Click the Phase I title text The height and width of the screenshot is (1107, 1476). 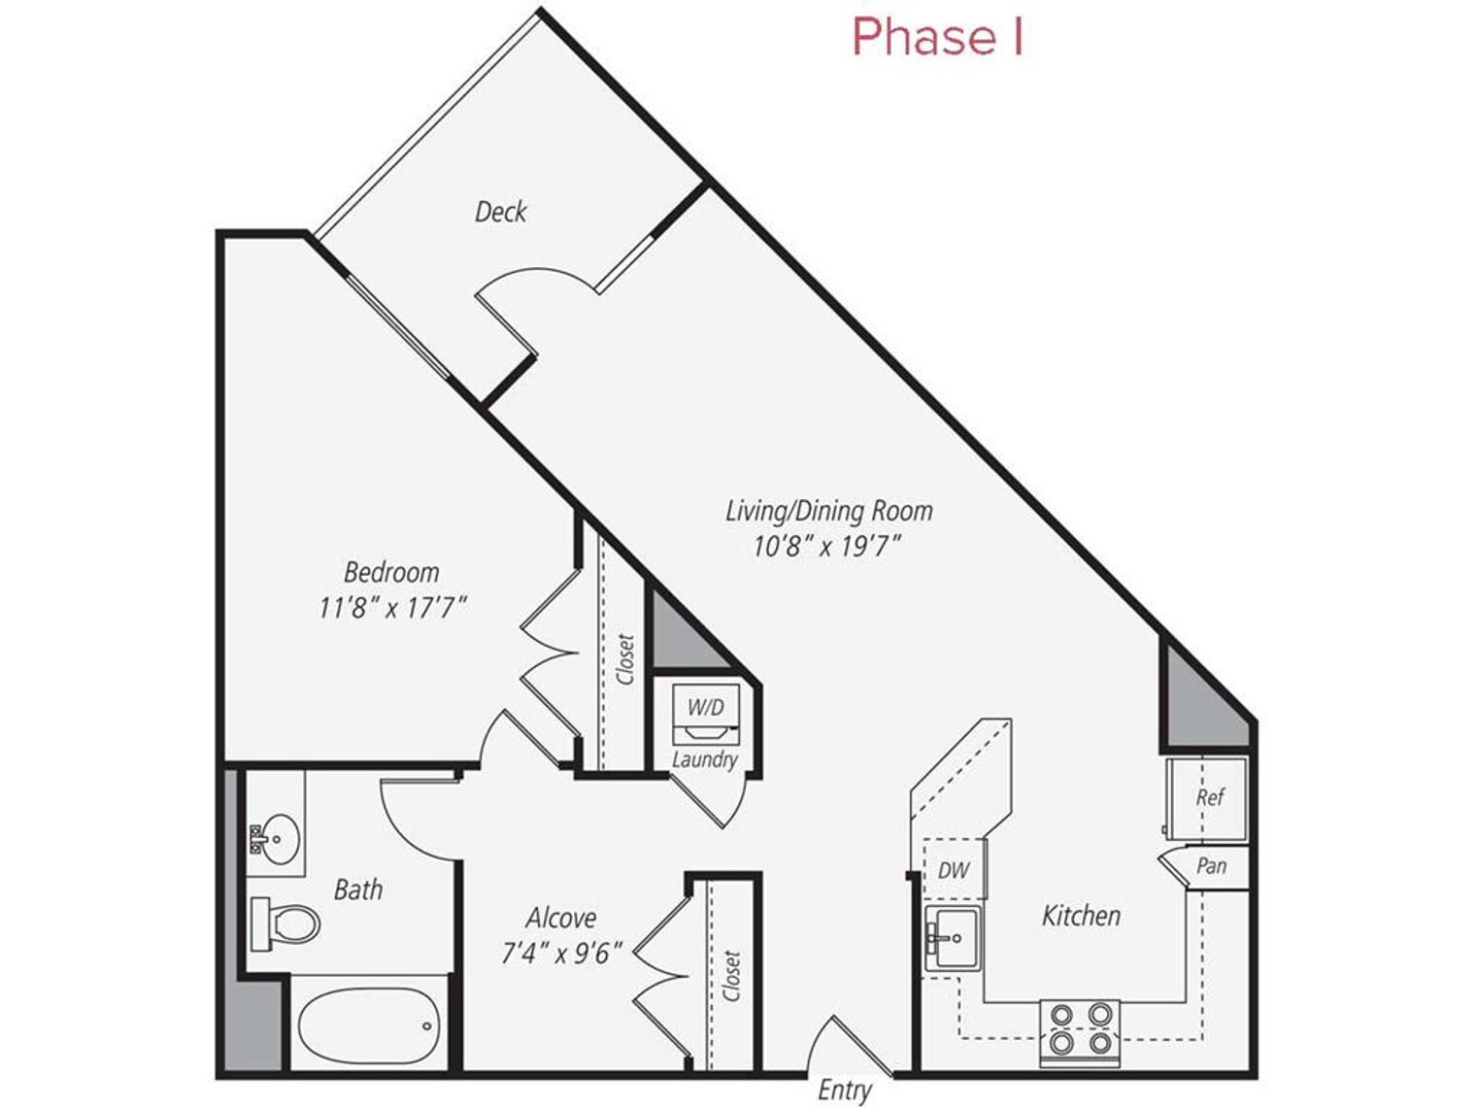pyautogui.click(x=937, y=37)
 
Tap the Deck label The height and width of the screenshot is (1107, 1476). pyautogui.click(x=500, y=212)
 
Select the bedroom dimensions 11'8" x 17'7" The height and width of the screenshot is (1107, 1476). pyautogui.click(x=392, y=609)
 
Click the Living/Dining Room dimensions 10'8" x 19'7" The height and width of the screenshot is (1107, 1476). pyautogui.click(x=827, y=547)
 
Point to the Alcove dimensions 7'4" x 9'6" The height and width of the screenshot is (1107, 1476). pyautogui.click(x=560, y=954)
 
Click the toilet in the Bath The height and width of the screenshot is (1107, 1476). pyautogui.click(x=286, y=923)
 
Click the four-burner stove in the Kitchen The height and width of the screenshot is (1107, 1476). pyautogui.click(x=1080, y=1030)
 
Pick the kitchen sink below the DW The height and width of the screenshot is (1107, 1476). pyautogui.click(x=953, y=938)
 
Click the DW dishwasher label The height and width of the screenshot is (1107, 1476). pyautogui.click(x=953, y=870)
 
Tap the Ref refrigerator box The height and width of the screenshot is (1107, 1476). pyautogui.click(x=1208, y=798)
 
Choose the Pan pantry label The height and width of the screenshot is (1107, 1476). pyautogui.click(x=1211, y=865)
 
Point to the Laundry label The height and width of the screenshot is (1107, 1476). pyautogui.click(x=704, y=759)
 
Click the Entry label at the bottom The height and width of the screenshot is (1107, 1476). pyautogui.click(x=843, y=1090)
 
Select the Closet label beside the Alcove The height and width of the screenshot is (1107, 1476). pyautogui.click(x=732, y=975)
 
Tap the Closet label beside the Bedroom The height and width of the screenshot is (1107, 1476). pyautogui.click(x=624, y=659)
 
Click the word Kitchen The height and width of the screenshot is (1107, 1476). pyautogui.click(x=1081, y=916)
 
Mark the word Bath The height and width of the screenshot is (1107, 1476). pyautogui.click(x=357, y=889)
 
